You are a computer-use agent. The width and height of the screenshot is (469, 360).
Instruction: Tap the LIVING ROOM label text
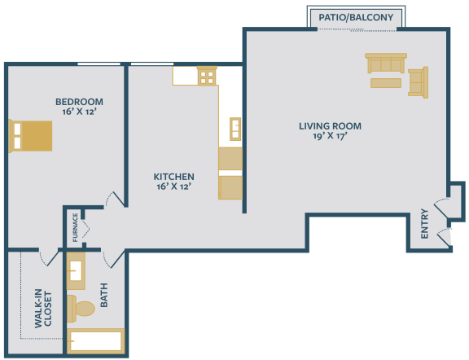pyautogui.click(x=330, y=126)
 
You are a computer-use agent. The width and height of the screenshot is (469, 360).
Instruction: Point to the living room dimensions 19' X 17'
pyautogui.click(x=330, y=138)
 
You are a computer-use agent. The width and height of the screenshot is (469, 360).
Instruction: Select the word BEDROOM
pyautogui.click(x=79, y=102)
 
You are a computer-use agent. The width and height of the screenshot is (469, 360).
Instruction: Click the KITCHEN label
pyautogui.click(x=173, y=176)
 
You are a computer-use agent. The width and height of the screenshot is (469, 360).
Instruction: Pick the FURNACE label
pyautogui.click(x=76, y=227)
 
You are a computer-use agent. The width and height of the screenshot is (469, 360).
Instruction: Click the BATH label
pyautogui.click(x=104, y=295)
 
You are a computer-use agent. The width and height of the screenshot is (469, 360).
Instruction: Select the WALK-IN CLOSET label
pyautogui.click(x=42, y=309)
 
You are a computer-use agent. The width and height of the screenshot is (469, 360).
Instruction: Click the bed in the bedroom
pyautogui.click(x=31, y=135)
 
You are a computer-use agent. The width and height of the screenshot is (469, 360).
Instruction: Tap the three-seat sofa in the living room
pyautogui.click(x=385, y=64)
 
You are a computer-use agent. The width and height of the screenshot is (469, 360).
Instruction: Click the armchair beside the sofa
pyautogui.click(x=418, y=82)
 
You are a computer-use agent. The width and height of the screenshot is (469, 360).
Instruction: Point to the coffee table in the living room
pyautogui.click(x=385, y=82)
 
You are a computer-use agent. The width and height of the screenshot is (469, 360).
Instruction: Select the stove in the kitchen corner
pyautogui.click(x=207, y=77)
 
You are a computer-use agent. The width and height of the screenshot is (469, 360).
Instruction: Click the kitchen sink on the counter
pyautogui.click(x=234, y=129)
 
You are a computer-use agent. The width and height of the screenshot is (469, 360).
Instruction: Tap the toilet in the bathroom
pyautogui.click(x=81, y=308)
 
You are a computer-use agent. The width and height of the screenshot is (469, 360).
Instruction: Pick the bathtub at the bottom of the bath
pyautogui.click(x=96, y=340)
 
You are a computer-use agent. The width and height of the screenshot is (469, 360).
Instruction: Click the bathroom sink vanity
pyautogui.click(x=76, y=271)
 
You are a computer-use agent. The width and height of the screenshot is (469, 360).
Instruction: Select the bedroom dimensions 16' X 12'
pyautogui.click(x=79, y=113)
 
